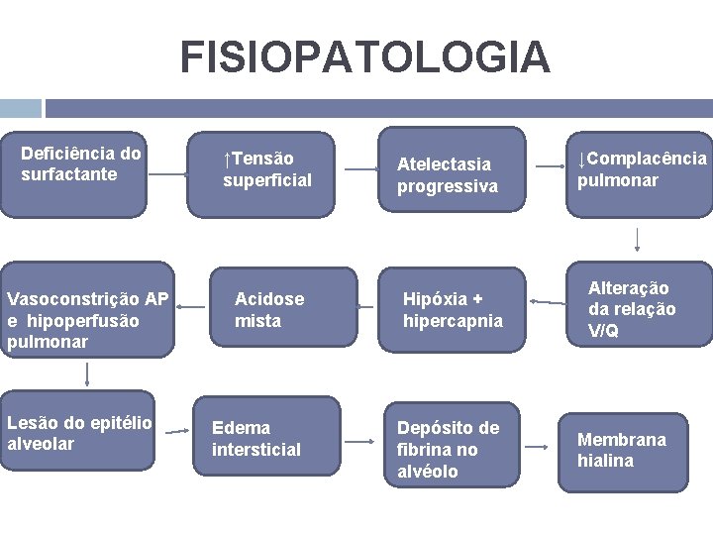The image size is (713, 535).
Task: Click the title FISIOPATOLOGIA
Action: [364, 57]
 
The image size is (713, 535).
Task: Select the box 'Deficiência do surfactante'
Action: [73, 174]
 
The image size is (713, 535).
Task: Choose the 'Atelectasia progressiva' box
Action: [453, 174]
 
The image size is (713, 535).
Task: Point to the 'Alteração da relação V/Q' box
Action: [638, 302]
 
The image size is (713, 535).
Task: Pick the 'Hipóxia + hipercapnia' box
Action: [452, 309]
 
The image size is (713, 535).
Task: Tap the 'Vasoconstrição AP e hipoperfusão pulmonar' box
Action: [87, 319]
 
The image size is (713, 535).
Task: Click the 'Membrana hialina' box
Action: [622, 451]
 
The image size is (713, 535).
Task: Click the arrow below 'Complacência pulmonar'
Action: [637, 239]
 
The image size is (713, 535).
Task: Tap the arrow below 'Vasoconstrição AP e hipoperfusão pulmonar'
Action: [87, 374]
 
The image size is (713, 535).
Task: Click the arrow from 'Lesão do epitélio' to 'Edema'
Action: [177, 432]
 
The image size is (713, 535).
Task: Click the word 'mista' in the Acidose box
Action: [257, 321]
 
